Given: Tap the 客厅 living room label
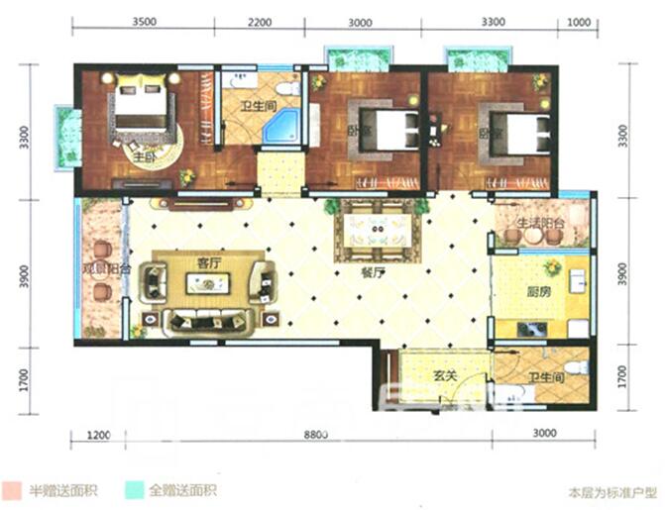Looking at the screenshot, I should point(207,263).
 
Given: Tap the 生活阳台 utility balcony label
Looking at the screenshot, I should point(541,223).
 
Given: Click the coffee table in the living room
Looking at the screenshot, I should point(209,284).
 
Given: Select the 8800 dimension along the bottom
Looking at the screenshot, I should point(316,434).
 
